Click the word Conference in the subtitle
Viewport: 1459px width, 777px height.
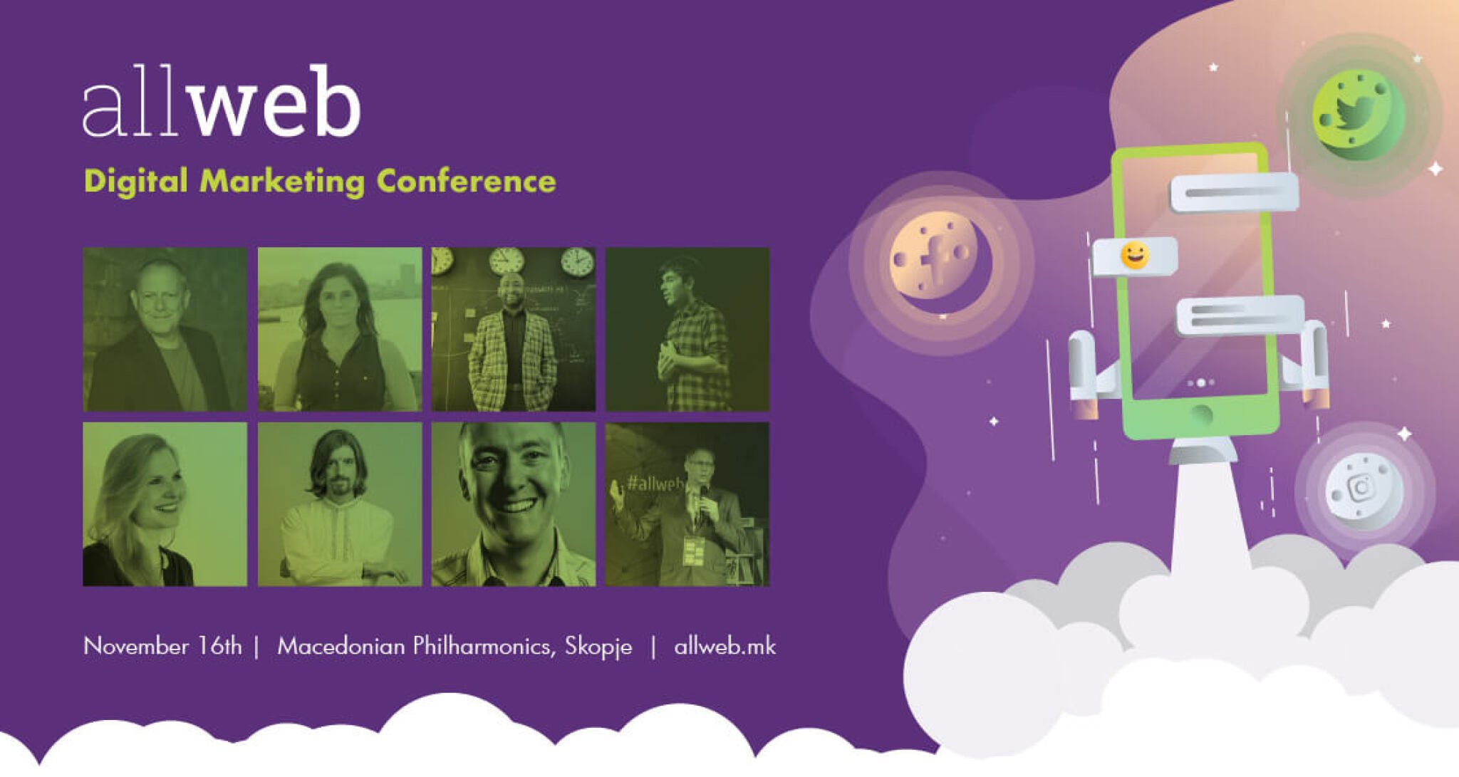point(466,181)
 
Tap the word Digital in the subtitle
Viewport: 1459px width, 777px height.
point(135,182)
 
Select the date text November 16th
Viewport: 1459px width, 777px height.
point(162,646)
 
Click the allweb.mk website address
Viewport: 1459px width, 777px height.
point(725,646)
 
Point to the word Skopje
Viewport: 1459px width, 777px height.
point(598,647)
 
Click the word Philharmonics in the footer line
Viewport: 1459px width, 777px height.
point(482,646)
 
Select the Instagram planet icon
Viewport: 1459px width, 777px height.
point(1364,489)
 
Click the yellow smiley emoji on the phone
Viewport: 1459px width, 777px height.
point(1134,255)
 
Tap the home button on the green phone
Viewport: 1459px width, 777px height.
point(1201,414)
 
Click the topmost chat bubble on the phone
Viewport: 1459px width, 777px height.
point(1234,192)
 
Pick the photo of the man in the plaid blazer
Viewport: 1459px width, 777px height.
point(514,329)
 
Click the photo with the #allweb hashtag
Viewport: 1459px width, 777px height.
point(687,504)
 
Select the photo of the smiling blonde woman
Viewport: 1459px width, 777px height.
point(165,504)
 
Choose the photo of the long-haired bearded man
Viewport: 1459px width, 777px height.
point(340,504)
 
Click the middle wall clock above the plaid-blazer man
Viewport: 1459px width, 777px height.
point(507,261)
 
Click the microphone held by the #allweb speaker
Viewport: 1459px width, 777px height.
point(703,499)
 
